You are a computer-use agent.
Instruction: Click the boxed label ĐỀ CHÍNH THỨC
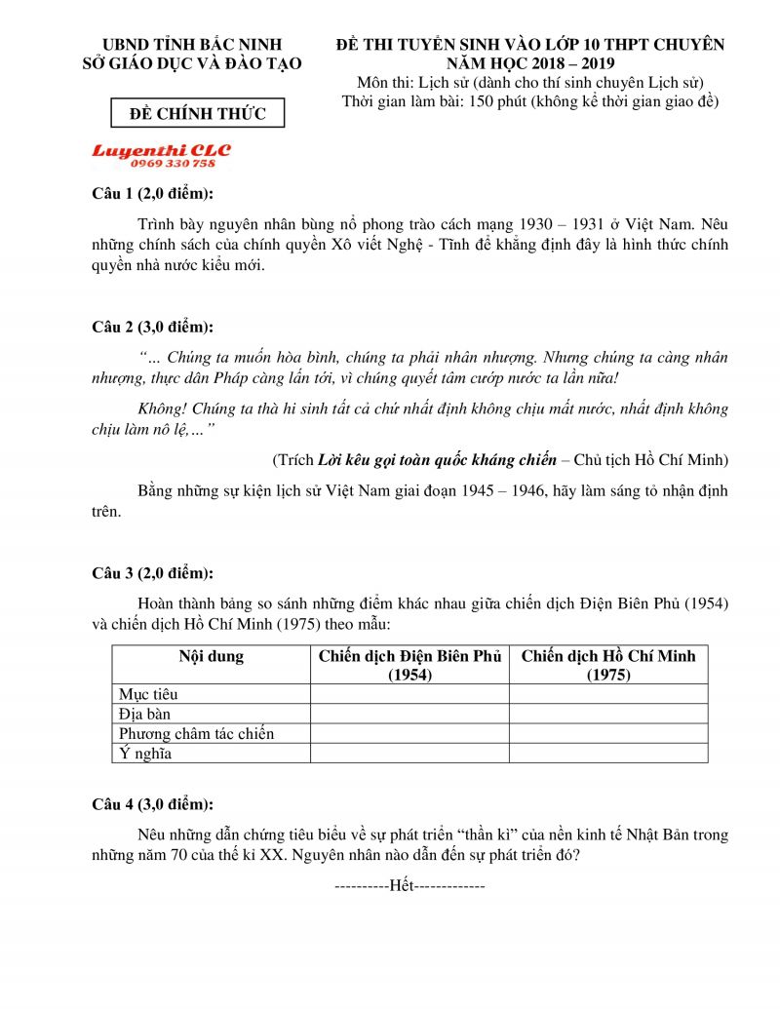click(198, 114)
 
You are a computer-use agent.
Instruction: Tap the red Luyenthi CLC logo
click(161, 151)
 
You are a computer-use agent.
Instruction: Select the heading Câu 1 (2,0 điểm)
click(152, 192)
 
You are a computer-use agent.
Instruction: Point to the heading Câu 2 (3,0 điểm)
click(152, 326)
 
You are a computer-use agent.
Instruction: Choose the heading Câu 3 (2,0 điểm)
click(152, 572)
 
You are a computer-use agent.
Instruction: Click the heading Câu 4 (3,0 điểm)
click(152, 804)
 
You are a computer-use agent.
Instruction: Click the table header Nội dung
click(211, 656)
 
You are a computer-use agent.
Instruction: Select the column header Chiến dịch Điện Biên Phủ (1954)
click(409, 665)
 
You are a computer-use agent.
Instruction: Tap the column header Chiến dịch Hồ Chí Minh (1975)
click(608, 665)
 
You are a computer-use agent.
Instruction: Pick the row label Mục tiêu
click(148, 694)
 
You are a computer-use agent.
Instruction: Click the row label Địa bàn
click(144, 714)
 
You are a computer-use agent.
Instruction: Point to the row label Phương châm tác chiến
click(196, 733)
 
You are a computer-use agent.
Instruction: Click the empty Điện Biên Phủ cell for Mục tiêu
click(409, 694)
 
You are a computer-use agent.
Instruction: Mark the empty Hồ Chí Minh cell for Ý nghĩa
click(608, 753)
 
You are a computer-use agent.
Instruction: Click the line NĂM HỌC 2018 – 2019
click(530, 63)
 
